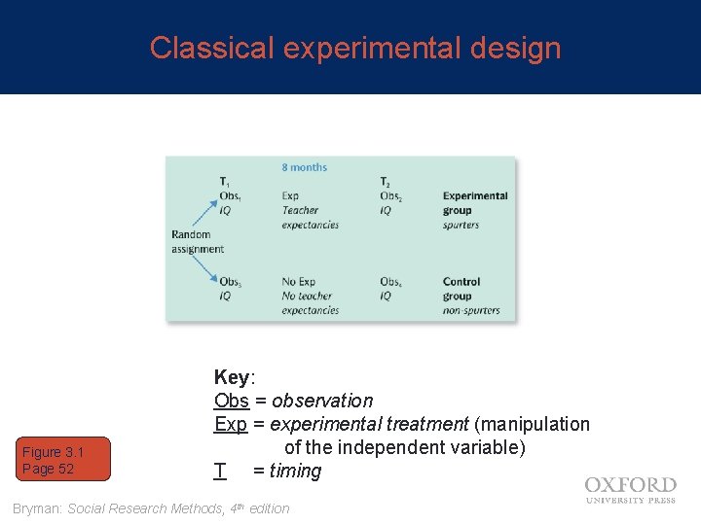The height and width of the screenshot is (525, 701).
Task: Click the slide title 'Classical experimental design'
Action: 355,48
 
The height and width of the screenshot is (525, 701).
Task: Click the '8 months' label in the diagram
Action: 304,167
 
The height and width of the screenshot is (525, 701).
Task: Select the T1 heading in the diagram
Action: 225,182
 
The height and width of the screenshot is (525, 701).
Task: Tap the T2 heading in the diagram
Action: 386,182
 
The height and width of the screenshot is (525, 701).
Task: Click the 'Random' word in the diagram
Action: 191,234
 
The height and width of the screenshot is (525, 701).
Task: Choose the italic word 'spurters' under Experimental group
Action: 461,225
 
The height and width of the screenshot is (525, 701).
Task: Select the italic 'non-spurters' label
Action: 471,310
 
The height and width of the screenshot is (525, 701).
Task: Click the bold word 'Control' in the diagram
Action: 461,282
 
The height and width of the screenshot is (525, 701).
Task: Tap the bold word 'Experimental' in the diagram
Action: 475,195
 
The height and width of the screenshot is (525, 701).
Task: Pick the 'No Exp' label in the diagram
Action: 298,282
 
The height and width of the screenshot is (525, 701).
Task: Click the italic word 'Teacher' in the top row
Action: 300,210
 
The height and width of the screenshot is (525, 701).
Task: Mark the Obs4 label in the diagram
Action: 391,282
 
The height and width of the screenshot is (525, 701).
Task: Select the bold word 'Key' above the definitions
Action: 232,377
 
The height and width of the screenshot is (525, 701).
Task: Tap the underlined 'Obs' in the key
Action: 232,401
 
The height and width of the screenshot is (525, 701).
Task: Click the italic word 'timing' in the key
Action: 295,471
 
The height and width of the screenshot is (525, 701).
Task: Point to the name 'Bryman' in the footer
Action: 37,507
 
